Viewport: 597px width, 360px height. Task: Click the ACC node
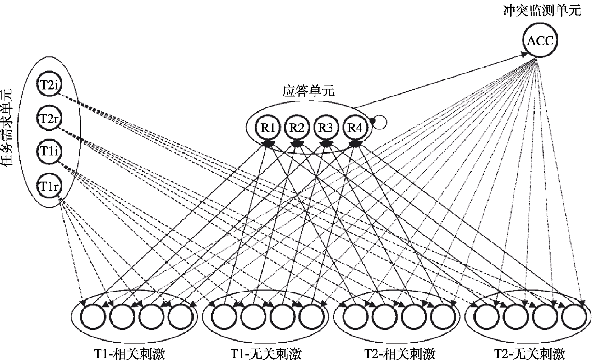pyautogui.click(x=540, y=42)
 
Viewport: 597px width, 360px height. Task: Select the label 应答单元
pyautogui.click(x=309, y=90)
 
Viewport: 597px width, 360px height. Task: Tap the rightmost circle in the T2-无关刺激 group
pyautogui.click(x=574, y=316)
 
